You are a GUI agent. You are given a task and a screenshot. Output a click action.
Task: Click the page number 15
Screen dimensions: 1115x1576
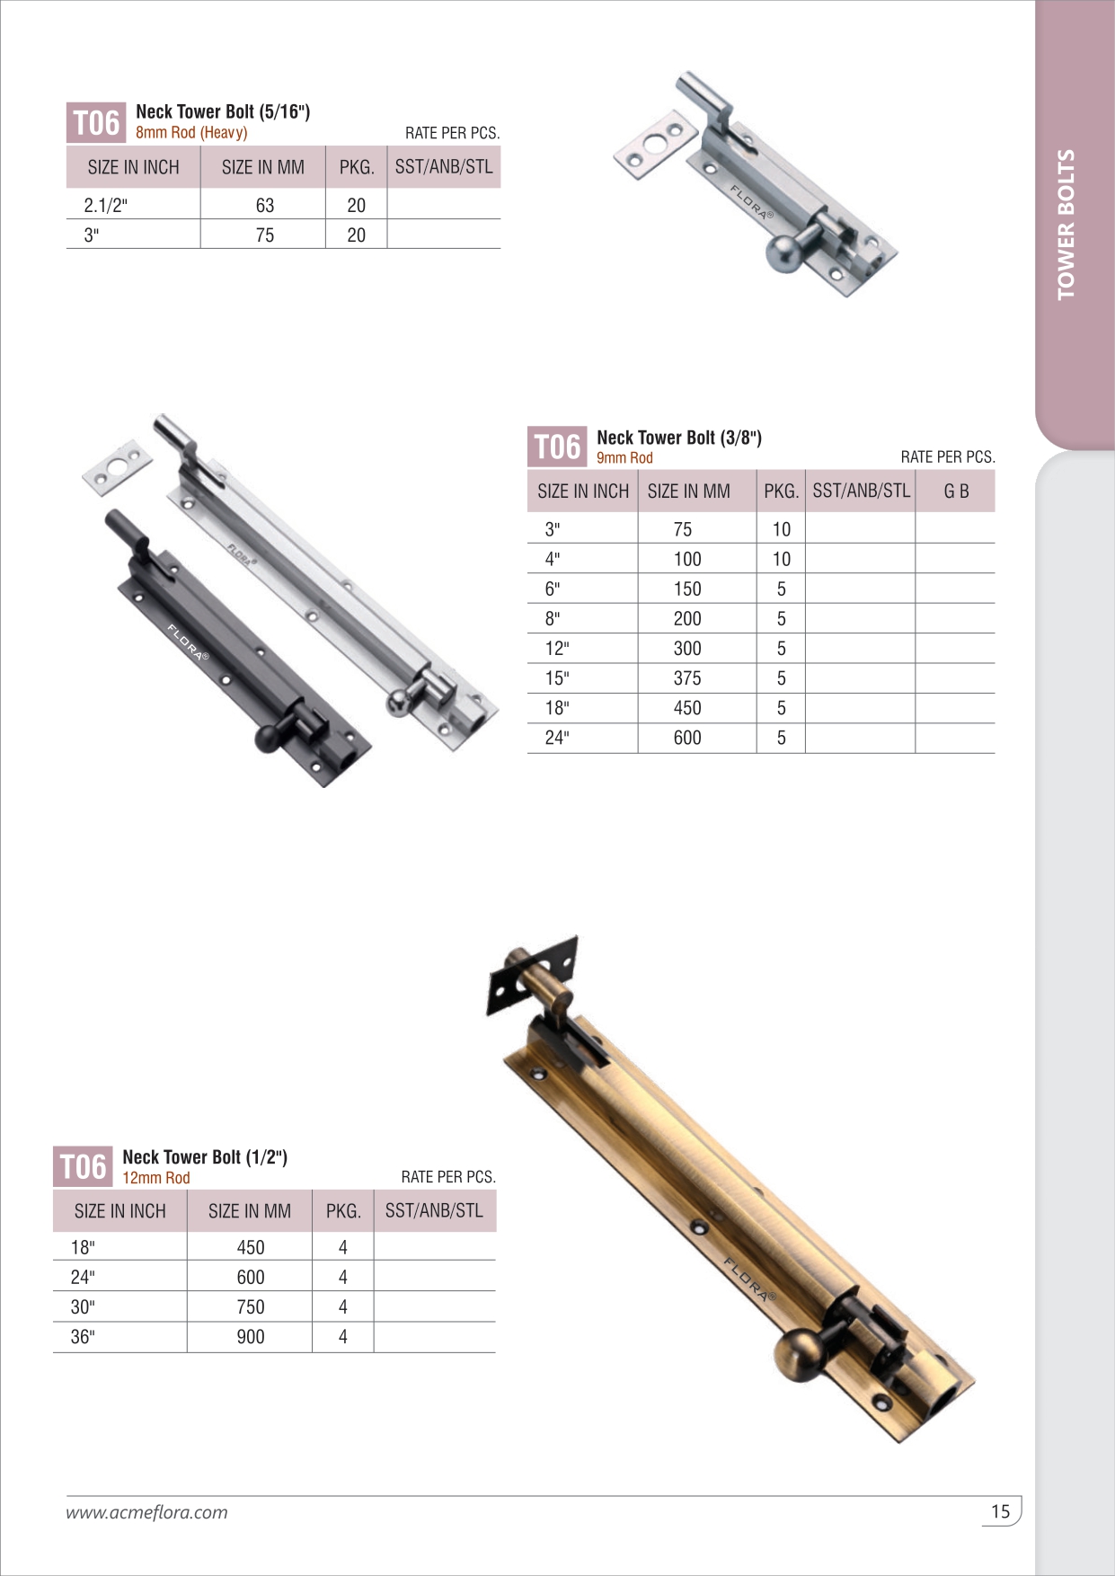pos(1000,1511)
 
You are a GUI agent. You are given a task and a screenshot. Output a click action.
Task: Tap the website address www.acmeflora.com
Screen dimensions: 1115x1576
pos(146,1512)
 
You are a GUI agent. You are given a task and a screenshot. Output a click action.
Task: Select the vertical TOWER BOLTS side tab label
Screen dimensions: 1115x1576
pos(1066,225)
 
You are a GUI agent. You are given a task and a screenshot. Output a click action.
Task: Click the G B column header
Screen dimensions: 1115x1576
pos(956,491)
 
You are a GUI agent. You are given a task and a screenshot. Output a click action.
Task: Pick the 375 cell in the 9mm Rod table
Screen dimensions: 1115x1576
pos(687,678)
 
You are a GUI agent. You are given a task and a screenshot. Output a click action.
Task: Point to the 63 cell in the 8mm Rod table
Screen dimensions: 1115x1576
pos(264,206)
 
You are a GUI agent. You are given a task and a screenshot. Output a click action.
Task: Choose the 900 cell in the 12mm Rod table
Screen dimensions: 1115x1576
pos(251,1337)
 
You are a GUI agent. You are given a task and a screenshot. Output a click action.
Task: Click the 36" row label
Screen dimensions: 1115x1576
pos(83,1337)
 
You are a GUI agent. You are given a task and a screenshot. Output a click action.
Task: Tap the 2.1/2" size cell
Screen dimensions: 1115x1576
pos(106,206)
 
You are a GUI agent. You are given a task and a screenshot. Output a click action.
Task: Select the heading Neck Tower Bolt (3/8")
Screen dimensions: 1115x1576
pos(679,438)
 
